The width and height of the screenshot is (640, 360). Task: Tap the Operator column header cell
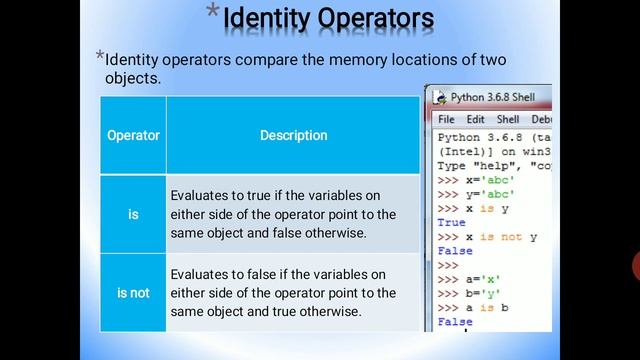coord(133,135)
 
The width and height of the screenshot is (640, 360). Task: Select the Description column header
coord(293,135)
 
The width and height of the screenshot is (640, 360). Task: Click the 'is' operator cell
coord(133,214)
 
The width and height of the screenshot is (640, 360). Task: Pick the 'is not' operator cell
coord(133,293)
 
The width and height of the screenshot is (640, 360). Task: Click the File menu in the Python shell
coord(446,119)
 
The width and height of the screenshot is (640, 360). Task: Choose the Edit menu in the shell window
coord(475,119)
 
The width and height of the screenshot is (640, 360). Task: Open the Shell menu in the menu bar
coord(508,119)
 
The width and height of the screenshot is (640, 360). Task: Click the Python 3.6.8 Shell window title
coord(492,97)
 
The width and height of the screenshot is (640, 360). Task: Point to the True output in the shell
coord(452,223)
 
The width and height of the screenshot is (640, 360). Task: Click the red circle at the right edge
coord(636,266)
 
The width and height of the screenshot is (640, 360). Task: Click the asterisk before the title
coord(212,11)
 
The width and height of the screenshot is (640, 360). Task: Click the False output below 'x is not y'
coord(455,251)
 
